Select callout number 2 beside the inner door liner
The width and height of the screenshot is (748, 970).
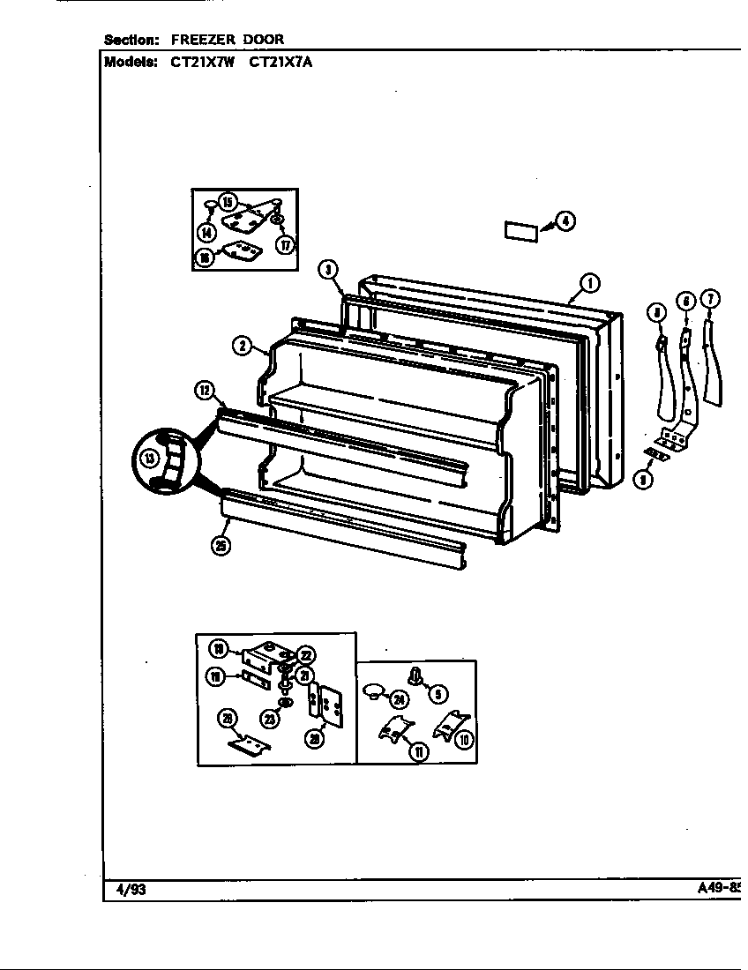click(241, 346)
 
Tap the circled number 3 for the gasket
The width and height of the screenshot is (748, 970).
click(327, 269)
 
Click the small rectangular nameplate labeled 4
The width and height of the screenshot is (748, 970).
click(520, 231)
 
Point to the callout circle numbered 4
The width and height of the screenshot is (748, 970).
click(565, 220)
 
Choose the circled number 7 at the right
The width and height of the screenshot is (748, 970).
click(710, 299)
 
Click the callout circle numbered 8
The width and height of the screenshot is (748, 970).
click(654, 310)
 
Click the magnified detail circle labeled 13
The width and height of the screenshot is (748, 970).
click(153, 458)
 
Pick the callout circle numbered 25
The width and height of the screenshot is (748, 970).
click(221, 546)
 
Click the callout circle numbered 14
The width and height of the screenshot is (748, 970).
click(206, 233)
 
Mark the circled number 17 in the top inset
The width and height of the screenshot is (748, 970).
click(285, 245)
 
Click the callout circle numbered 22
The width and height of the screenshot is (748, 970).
click(305, 655)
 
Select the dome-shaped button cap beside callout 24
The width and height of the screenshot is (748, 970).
click(374, 690)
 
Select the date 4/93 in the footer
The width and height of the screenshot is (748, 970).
click(131, 890)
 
